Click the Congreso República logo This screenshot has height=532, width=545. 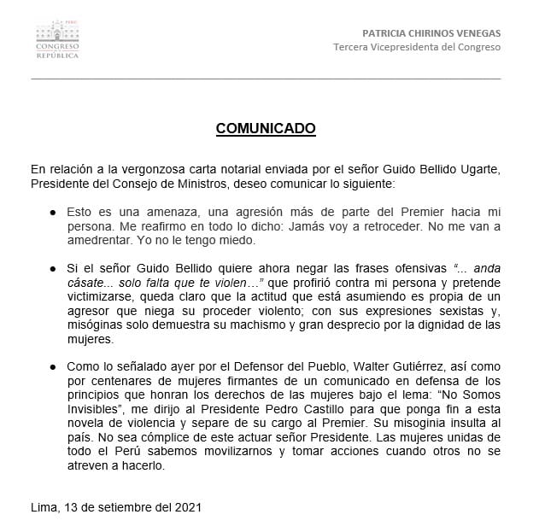pyautogui.click(x=57, y=40)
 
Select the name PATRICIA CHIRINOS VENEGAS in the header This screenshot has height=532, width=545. pyautogui.click(x=431, y=33)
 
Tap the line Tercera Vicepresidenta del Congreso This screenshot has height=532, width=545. pyautogui.click(x=417, y=47)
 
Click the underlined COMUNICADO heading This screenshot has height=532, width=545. pyautogui.click(x=266, y=128)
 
